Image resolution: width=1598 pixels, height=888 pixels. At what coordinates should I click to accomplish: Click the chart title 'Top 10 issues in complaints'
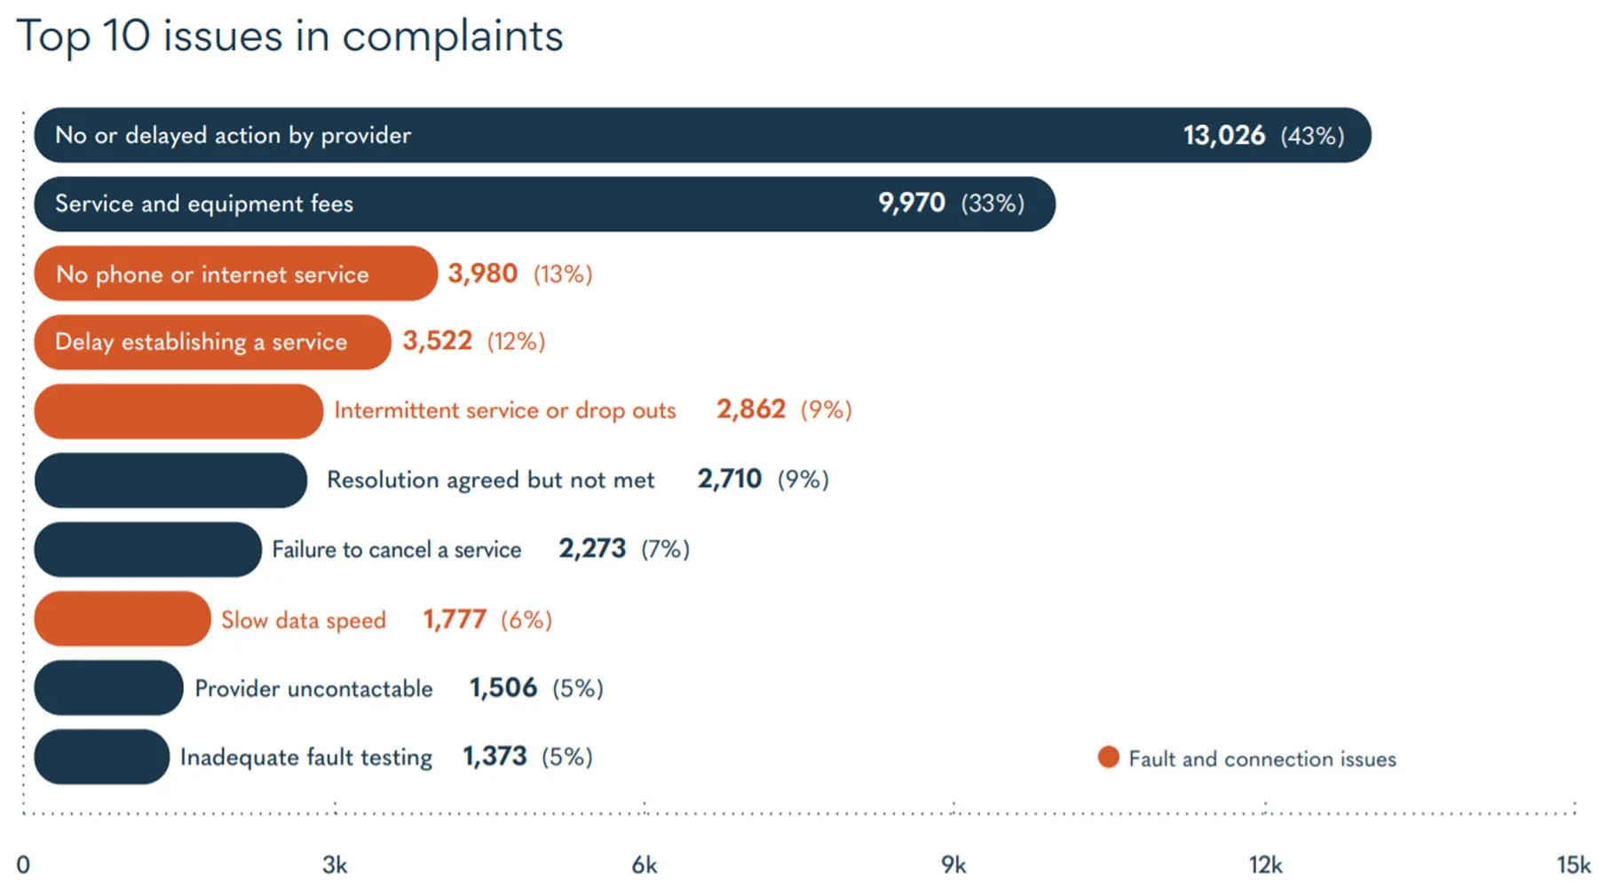[x=289, y=37]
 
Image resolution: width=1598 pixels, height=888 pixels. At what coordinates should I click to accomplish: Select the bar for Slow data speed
[x=123, y=619]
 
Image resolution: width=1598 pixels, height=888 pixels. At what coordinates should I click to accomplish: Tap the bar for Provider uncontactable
[x=108, y=688]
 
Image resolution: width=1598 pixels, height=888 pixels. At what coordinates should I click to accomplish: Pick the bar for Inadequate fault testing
[x=101, y=757]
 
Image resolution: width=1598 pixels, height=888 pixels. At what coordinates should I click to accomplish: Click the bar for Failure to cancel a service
[x=147, y=550]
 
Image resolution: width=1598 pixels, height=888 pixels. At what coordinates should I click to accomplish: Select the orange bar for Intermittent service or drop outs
[x=178, y=411]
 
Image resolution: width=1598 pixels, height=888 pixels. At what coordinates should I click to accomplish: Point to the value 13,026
[x=1223, y=136]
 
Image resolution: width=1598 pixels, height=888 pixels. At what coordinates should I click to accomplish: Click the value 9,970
[x=911, y=203]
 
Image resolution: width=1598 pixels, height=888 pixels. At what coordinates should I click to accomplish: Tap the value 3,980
[x=482, y=274]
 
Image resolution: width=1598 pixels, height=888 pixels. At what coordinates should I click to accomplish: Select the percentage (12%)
[x=516, y=342]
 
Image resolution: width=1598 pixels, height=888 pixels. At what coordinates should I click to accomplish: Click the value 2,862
[x=750, y=409]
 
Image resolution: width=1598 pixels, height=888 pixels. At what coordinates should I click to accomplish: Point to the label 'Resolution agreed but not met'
[x=490, y=480]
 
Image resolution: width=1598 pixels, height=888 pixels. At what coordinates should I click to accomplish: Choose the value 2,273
[x=592, y=549]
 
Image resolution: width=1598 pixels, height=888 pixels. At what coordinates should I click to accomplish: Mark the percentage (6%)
[x=526, y=620]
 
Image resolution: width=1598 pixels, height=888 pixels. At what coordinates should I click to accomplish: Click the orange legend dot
[x=1108, y=757]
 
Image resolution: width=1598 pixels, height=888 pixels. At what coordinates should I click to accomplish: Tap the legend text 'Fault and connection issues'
[x=1262, y=759]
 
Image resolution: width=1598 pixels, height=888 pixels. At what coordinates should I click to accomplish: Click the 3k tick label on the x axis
[x=335, y=865]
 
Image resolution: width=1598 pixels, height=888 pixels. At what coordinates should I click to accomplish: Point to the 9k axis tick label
[x=953, y=865]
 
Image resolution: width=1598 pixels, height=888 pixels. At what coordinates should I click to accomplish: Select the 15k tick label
[x=1573, y=865]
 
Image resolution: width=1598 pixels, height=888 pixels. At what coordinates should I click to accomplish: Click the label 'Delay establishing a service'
[x=201, y=342]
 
